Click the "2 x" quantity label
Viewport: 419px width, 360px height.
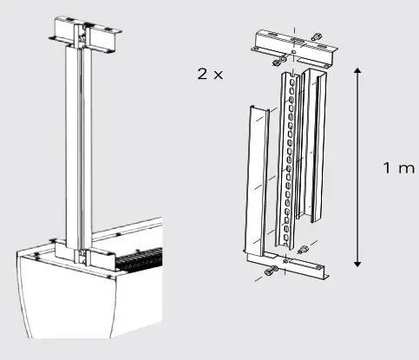[x=210, y=75]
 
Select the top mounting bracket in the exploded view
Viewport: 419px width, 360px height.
[x=294, y=49]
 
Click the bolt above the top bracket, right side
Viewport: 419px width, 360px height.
[x=317, y=36]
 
